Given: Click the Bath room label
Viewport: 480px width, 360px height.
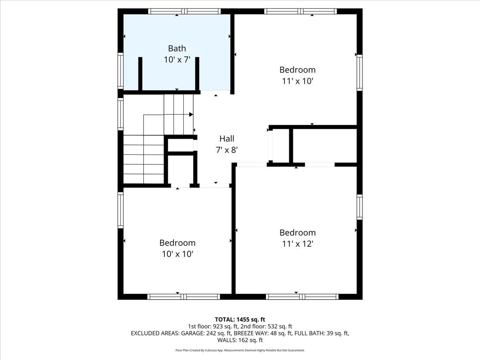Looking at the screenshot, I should (x=177, y=48).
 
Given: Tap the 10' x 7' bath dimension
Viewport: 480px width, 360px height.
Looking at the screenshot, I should (x=177, y=60).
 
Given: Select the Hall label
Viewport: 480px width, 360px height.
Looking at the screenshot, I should (x=227, y=139).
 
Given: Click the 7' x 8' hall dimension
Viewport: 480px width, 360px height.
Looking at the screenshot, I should (x=227, y=150).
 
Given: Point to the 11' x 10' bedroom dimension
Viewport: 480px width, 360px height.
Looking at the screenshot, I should (x=297, y=81).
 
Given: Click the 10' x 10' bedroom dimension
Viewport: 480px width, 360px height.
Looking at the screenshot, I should (x=177, y=254).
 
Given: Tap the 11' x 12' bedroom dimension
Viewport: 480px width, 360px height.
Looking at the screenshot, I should (x=297, y=244).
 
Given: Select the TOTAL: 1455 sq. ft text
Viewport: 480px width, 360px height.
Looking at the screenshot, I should (x=240, y=319).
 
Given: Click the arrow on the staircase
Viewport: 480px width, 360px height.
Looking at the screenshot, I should (x=191, y=114).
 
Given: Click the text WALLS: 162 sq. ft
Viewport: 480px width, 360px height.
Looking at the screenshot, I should (x=240, y=340).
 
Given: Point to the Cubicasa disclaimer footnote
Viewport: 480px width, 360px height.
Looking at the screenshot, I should (x=240, y=350).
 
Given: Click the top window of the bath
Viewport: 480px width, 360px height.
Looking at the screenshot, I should (x=184, y=11).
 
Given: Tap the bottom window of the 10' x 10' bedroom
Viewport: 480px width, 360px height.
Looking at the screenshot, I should (x=184, y=297).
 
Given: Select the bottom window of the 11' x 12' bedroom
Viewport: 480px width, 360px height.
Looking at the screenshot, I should (x=302, y=297).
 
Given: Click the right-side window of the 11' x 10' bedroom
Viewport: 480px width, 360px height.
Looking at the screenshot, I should (x=360, y=72).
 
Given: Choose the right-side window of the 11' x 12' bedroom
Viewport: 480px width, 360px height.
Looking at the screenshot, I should (x=360, y=207).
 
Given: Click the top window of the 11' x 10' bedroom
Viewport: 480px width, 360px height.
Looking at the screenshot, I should (x=300, y=11).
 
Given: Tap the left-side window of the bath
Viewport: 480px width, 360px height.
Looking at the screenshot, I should (x=120, y=70).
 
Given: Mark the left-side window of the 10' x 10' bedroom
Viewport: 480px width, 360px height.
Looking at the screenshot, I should (x=120, y=210).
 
